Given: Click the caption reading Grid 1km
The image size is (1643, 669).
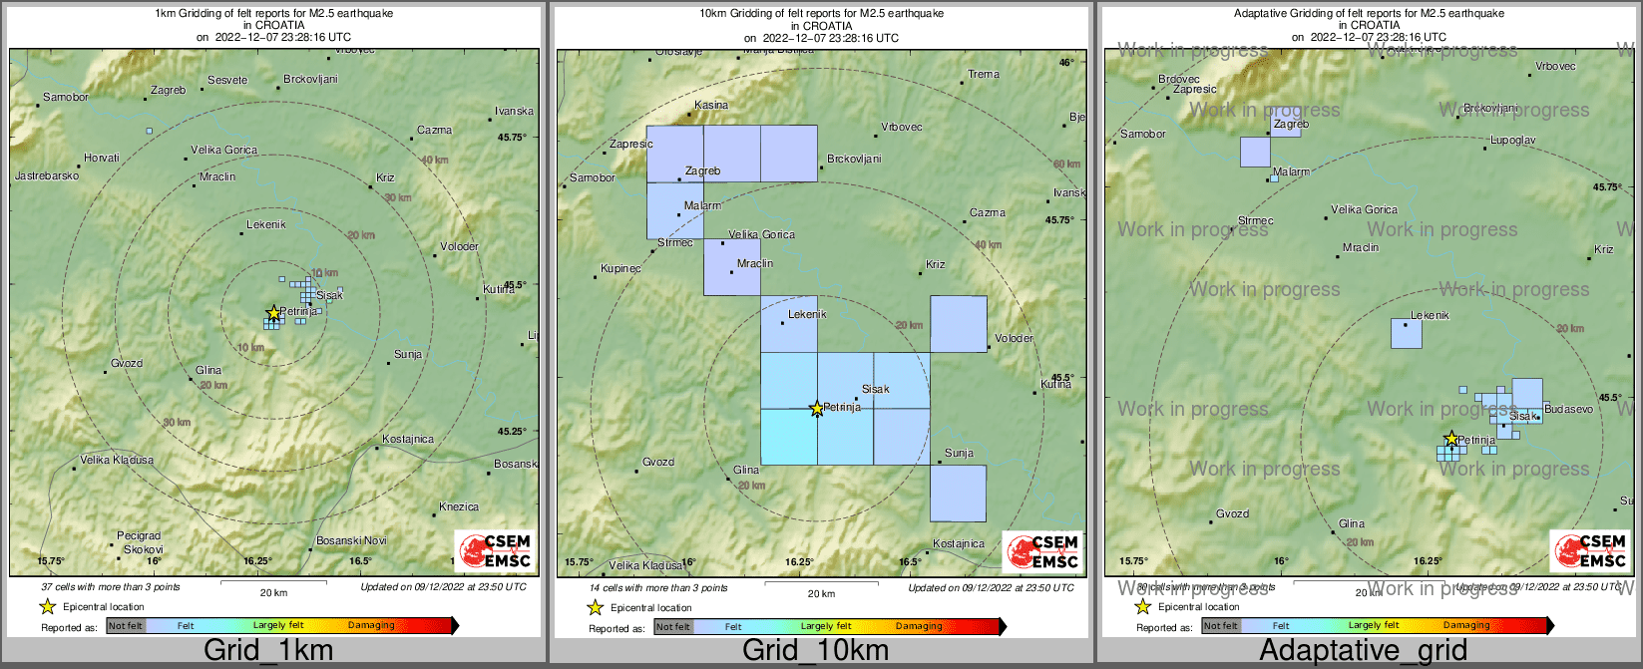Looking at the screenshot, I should pyautogui.click(x=268, y=651).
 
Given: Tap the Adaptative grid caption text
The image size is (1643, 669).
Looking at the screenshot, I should pyautogui.click(x=1363, y=651).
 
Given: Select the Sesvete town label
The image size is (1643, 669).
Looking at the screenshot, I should pyautogui.click(x=227, y=81).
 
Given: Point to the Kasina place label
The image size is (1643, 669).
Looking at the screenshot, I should pyautogui.click(x=711, y=105).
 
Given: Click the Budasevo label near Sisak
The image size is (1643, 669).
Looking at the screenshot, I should pyautogui.click(x=1568, y=410).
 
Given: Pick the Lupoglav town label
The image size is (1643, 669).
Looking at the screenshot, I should pyautogui.click(x=1513, y=141).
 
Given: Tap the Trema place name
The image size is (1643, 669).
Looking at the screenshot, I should pyautogui.click(x=984, y=74).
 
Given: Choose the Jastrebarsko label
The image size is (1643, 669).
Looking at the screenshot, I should pyautogui.click(x=47, y=176).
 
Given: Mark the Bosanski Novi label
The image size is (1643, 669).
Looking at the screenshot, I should pyautogui.click(x=351, y=541).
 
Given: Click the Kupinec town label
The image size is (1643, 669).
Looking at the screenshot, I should pyautogui.click(x=620, y=269).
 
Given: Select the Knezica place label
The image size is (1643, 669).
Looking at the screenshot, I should pyautogui.click(x=459, y=507).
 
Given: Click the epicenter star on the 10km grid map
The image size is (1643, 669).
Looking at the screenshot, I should pyautogui.click(x=817, y=409).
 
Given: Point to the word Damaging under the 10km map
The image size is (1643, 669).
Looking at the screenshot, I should pyautogui.click(x=919, y=627).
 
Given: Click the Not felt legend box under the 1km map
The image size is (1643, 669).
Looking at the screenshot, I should pyautogui.click(x=126, y=626).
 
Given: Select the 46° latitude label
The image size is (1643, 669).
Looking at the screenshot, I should pyautogui.click(x=1066, y=62).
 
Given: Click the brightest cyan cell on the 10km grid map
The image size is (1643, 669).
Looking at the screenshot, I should pyautogui.click(x=789, y=437).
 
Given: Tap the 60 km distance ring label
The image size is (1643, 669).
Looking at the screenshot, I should pyautogui.click(x=1066, y=165).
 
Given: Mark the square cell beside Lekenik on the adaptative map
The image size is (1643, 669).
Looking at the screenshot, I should pyautogui.click(x=1407, y=333).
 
